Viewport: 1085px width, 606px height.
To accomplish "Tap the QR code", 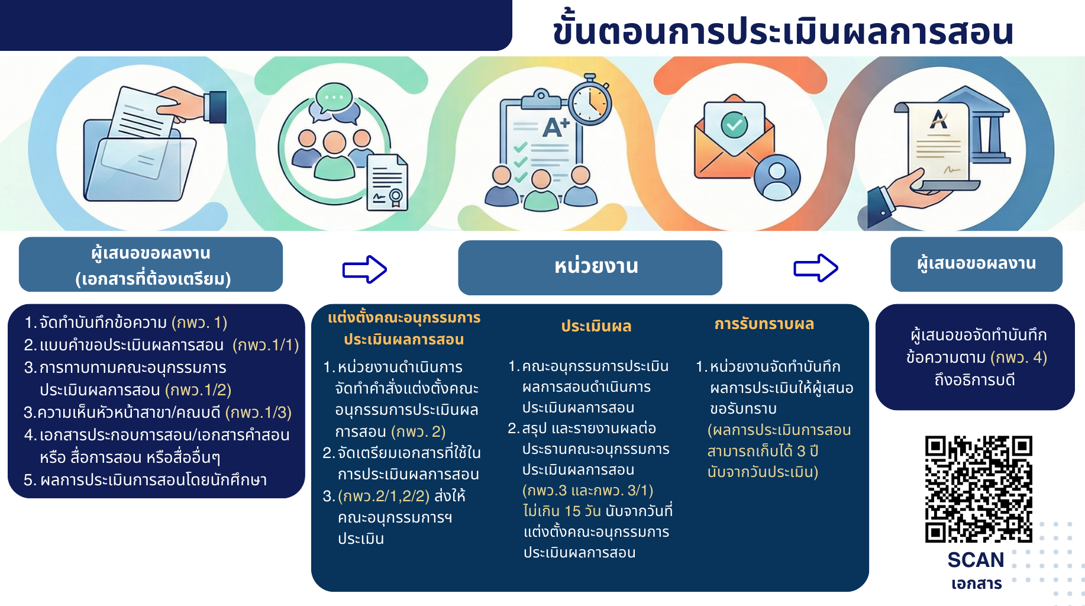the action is click(979, 489).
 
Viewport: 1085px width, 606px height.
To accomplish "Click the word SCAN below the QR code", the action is click(976, 559).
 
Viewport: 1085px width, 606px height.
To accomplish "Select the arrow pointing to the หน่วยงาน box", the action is click(364, 269).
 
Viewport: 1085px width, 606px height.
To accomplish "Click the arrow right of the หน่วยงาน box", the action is click(816, 267).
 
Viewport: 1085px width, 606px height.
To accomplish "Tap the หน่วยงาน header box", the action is click(590, 267).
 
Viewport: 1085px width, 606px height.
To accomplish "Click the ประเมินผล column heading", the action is click(596, 326).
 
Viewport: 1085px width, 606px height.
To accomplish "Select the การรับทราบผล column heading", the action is click(764, 324).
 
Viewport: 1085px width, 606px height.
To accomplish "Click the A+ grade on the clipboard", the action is click(556, 127).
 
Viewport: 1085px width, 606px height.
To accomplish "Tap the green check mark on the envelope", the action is click(734, 125).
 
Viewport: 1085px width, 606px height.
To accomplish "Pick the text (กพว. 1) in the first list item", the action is click(199, 323).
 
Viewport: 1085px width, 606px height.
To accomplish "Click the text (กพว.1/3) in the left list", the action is click(259, 412).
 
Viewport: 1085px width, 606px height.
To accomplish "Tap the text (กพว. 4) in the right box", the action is click(1018, 357).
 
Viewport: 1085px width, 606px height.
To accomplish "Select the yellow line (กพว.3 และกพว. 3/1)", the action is click(587, 491).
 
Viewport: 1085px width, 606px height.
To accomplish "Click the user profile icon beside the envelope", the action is click(777, 178).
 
